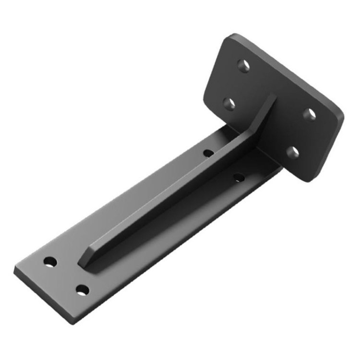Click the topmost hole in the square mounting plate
(244, 65)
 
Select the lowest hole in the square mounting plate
(292, 153)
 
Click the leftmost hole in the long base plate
(50, 262)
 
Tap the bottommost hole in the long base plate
(83, 290)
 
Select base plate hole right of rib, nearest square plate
(239, 178)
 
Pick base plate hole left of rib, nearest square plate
(208, 153)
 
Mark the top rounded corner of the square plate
(233, 36)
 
